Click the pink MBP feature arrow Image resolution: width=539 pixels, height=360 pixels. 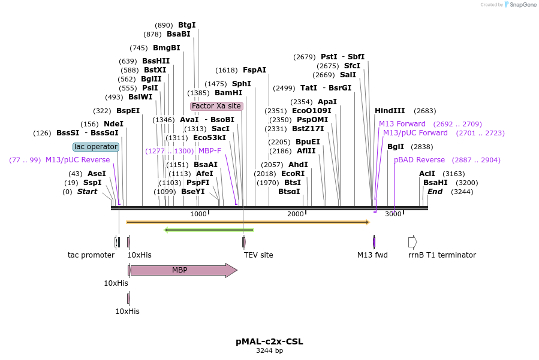[x=184, y=270]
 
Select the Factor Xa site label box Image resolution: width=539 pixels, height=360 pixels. [x=216, y=106]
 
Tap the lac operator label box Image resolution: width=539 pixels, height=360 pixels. [x=96, y=147]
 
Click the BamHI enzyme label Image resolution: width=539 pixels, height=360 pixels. [x=228, y=93]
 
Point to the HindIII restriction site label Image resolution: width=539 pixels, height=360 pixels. [x=390, y=111]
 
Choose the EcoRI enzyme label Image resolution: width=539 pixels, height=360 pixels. [x=293, y=174]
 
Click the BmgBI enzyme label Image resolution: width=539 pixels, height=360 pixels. [x=167, y=48]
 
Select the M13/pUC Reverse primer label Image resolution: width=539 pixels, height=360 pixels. [x=78, y=160]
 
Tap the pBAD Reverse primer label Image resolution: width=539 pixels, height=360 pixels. [x=419, y=160]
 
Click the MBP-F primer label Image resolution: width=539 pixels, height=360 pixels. [x=210, y=151]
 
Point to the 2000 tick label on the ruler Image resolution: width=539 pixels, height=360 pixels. [x=296, y=214]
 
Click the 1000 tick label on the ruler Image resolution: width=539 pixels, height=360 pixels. [x=198, y=214]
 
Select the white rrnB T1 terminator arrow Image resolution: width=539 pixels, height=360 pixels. [x=412, y=242]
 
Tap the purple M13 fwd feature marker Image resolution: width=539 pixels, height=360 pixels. [x=374, y=242]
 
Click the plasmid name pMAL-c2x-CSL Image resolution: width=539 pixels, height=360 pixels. [x=270, y=341]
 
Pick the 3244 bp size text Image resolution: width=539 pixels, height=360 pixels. [x=270, y=350]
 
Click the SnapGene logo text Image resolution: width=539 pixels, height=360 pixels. [x=523, y=4]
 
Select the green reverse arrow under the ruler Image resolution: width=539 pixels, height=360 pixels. [x=209, y=230]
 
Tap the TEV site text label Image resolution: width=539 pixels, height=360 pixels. [x=258, y=255]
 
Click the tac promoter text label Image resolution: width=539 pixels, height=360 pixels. [x=91, y=255]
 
